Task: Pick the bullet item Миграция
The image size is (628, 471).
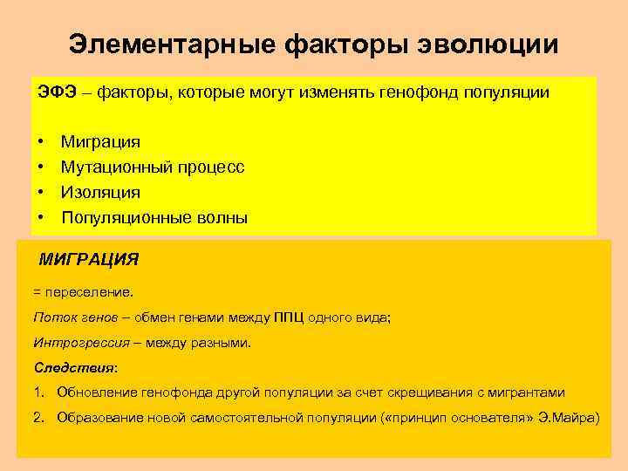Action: click(x=100, y=141)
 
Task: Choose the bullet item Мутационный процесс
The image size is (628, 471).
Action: click(x=153, y=167)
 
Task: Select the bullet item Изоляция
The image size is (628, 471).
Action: click(x=100, y=192)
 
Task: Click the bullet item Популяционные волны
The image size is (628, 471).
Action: click(x=154, y=218)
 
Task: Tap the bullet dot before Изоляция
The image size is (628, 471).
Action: click(x=42, y=192)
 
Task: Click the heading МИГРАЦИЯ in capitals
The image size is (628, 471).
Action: click(x=89, y=259)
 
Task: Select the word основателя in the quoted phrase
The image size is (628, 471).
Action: click(x=493, y=418)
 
